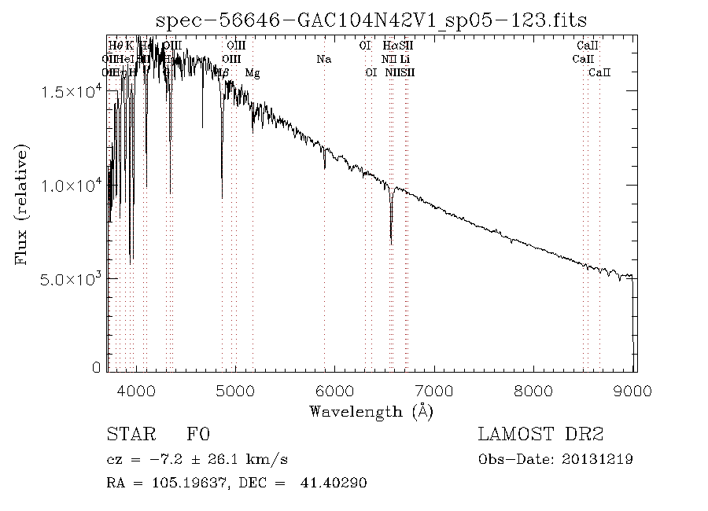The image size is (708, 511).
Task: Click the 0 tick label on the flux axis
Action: pyautogui.click(x=97, y=368)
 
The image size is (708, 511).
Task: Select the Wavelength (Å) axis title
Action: pyautogui.click(x=371, y=411)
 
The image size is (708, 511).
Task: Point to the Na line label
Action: pyautogui.click(x=323, y=59)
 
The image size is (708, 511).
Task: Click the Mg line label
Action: pyautogui.click(x=253, y=72)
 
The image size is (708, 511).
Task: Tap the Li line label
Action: pyautogui.click(x=404, y=59)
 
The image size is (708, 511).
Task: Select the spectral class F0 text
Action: pyautogui.click(x=197, y=435)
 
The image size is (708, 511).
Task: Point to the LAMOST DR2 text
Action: pyautogui.click(x=540, y=435)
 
